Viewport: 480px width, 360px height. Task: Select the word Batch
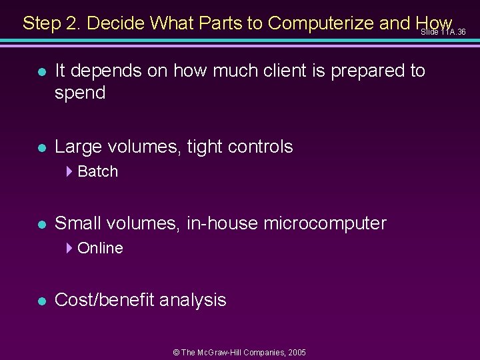coord(98,171)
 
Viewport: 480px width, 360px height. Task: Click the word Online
coord(101,248)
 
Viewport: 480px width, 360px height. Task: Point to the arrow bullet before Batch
coord(70,171)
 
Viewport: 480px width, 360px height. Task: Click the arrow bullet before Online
coord(70,248)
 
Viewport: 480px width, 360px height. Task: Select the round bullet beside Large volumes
coord(41,147)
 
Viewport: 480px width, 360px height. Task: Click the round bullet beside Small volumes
coord(41,224)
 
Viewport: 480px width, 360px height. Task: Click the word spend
coord(80,93)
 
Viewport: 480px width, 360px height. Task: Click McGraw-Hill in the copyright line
coord(227,352)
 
